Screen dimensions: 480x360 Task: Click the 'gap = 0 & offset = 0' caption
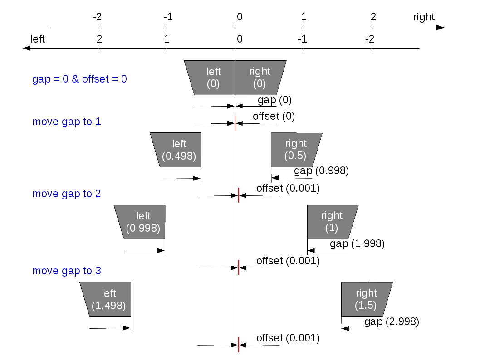(x=79, y=79)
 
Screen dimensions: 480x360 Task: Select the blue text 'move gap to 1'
(x=67, y=122)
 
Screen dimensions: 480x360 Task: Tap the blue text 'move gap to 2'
(x=67, y=194)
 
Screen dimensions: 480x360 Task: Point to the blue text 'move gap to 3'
(x=67, y=271)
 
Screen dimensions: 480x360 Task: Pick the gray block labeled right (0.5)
(x=295, y=150)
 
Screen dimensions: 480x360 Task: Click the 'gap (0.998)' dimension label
(x=321, y=170)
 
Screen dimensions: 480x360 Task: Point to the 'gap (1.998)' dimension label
(x=357, y=244)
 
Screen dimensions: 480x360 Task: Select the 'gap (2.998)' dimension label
(x=392, y=322)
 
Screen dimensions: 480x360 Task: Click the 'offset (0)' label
(x=274, y=116)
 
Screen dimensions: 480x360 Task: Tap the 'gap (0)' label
(x=274, y=100)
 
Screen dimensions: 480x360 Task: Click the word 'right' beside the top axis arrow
(x=424, y=17)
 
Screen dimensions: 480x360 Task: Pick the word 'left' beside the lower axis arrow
(x=38, y=39)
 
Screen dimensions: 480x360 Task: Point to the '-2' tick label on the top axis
(x=97, y=17)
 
